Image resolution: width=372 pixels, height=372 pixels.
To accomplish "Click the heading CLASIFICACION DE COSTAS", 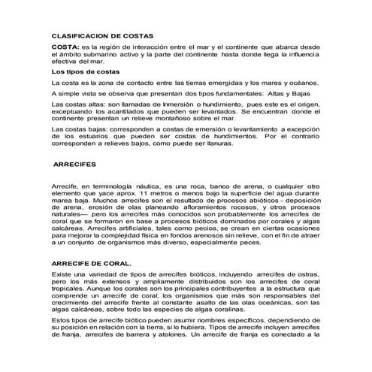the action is (101, 35).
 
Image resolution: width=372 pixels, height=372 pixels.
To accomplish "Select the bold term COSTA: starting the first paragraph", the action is (63, 47).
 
